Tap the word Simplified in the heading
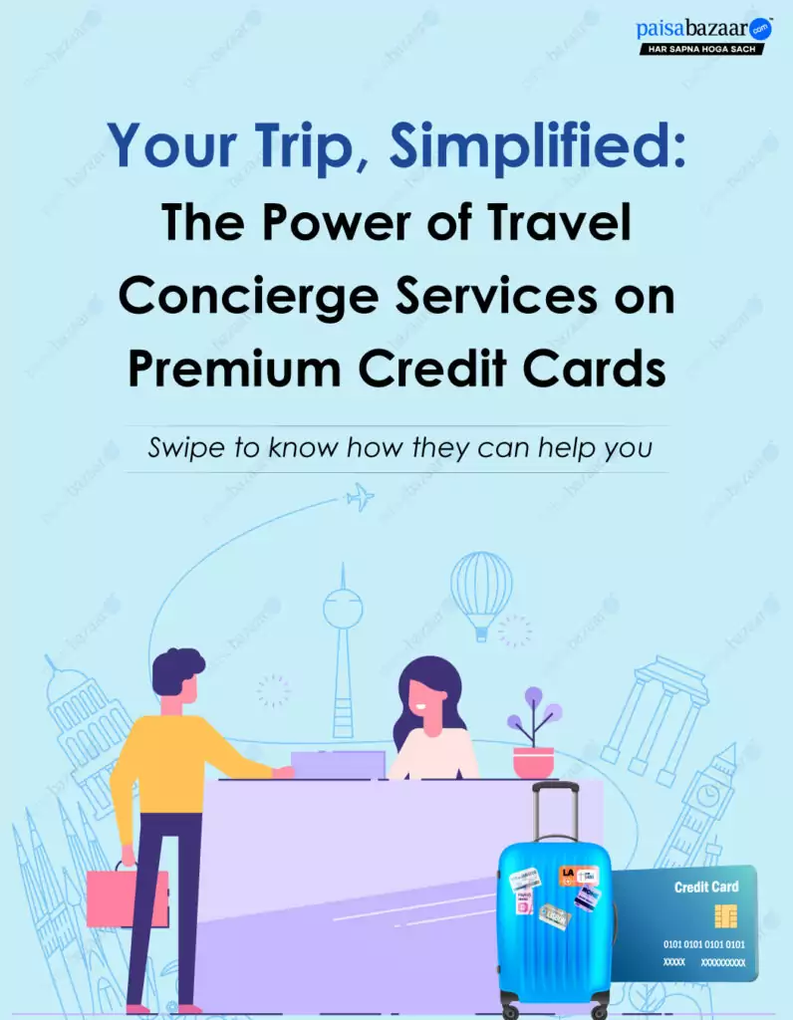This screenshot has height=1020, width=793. [537, 145]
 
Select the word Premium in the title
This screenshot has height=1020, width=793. [234, 369]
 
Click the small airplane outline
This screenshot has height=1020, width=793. [360, 498]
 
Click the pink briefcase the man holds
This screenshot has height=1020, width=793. [127, 897]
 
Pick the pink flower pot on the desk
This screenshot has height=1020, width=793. [533, 762]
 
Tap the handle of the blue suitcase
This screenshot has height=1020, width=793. [555, 811]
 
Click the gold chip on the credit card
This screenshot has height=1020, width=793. [725, 916]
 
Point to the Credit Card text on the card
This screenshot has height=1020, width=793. [706, 887]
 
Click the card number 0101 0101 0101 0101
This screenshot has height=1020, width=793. [704, 944]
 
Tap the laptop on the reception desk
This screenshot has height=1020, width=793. [338, 765]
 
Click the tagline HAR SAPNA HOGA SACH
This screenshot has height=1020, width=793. [702, 49]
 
